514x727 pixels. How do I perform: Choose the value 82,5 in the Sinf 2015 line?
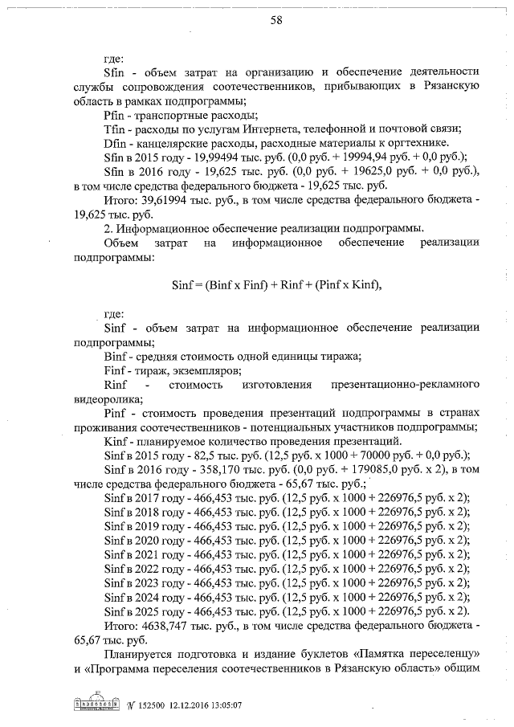[x=201, y=455]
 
